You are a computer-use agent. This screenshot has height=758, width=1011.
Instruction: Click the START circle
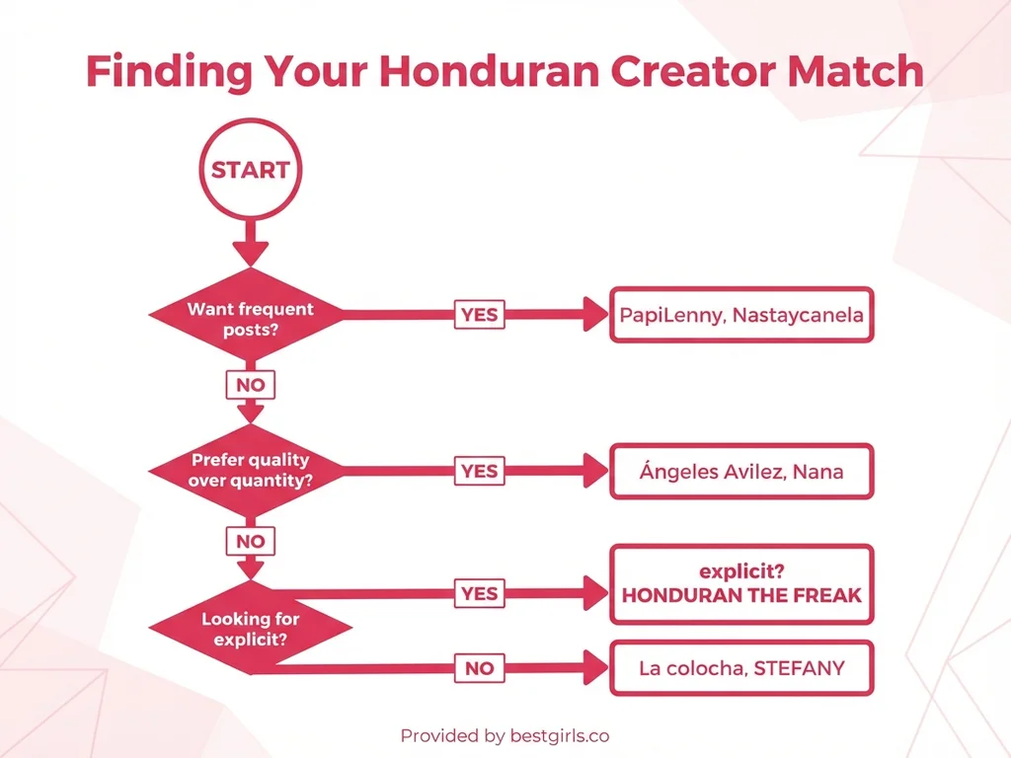pos(250,170)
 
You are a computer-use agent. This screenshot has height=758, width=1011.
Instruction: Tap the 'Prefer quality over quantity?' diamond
pos(250,471)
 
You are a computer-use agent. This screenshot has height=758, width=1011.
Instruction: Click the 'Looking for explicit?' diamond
pos(250,629)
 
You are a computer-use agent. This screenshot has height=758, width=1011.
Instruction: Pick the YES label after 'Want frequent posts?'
pos(479,316)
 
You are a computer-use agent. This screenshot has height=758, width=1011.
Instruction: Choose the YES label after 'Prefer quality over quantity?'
pos(479,471)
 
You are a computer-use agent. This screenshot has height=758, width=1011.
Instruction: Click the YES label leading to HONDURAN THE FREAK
pos(479,593)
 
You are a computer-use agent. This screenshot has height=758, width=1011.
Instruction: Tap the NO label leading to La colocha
pos(479,668)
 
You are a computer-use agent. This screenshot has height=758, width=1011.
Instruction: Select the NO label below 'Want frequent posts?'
pos(251,385)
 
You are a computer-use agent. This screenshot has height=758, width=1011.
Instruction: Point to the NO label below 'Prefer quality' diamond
pos(251,541)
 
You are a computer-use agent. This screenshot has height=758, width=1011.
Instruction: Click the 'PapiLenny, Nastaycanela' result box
pos(741,316)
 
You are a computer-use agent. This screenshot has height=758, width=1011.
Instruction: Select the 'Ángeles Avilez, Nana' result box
pos(741,471)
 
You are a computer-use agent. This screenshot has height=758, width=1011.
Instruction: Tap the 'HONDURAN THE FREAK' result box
pos(741,584)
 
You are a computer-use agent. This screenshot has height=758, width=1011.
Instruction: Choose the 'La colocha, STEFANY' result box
pos(741,668)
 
